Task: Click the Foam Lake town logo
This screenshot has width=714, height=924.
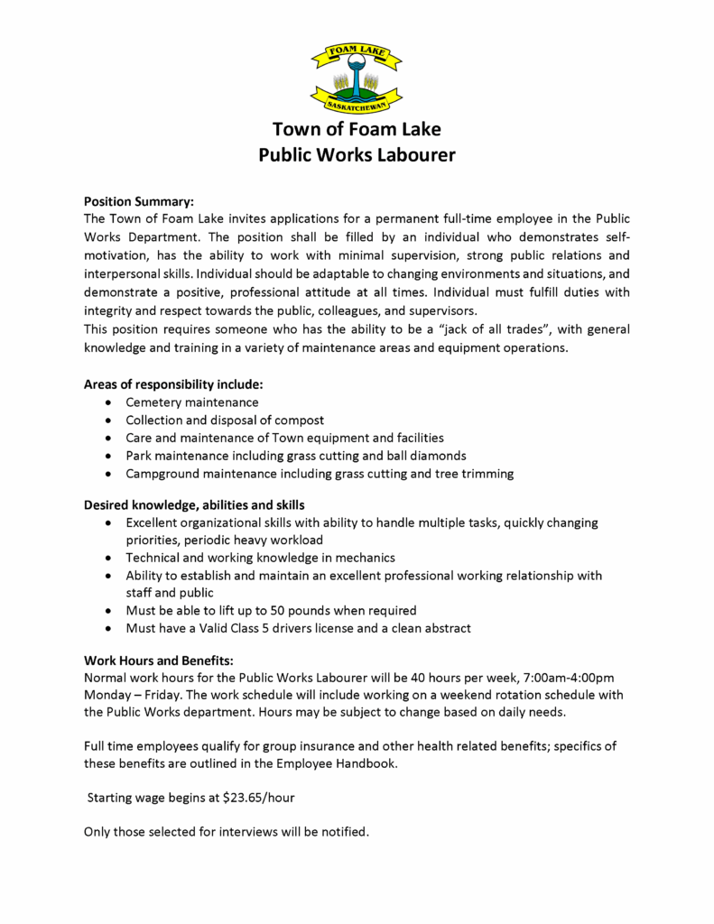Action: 356,75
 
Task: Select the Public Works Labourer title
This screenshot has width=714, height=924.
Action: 357,154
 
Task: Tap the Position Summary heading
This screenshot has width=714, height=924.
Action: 138,201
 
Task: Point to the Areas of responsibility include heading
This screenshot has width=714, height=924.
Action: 173,383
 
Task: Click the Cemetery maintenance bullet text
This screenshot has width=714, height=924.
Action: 192,402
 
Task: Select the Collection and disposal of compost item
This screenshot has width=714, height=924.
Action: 225,420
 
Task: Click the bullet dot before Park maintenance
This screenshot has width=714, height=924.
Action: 109,456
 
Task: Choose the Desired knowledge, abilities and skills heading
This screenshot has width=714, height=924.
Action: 194,504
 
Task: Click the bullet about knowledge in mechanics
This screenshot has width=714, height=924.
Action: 261,558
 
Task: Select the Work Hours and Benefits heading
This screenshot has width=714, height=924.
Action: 159,660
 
